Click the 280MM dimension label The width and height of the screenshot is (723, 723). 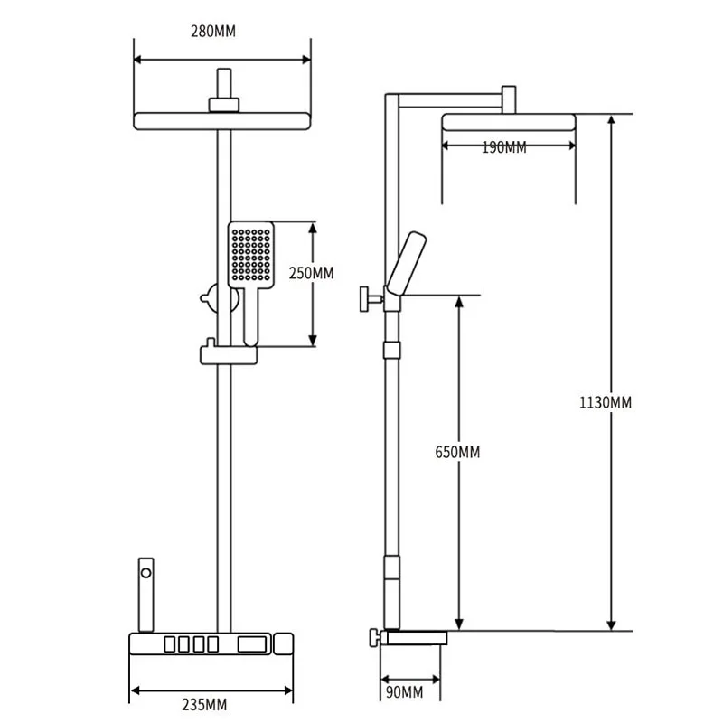213,31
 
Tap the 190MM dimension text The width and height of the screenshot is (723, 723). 504,148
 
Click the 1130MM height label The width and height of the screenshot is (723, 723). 606,402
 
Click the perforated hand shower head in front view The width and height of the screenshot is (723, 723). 249,252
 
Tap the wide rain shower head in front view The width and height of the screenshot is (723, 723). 222,121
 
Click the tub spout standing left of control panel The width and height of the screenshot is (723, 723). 145,596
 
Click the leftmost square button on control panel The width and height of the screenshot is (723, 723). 168,645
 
